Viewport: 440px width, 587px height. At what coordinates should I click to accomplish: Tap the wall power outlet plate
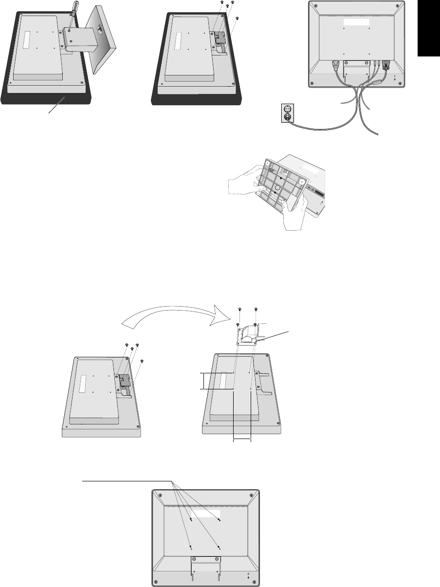[288, 112]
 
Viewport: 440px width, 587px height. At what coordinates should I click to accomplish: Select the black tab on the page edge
[428, 29]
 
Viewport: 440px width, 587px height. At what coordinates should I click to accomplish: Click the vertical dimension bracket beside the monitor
[202, 381]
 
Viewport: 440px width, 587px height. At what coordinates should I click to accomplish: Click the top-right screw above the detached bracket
[256, 310]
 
